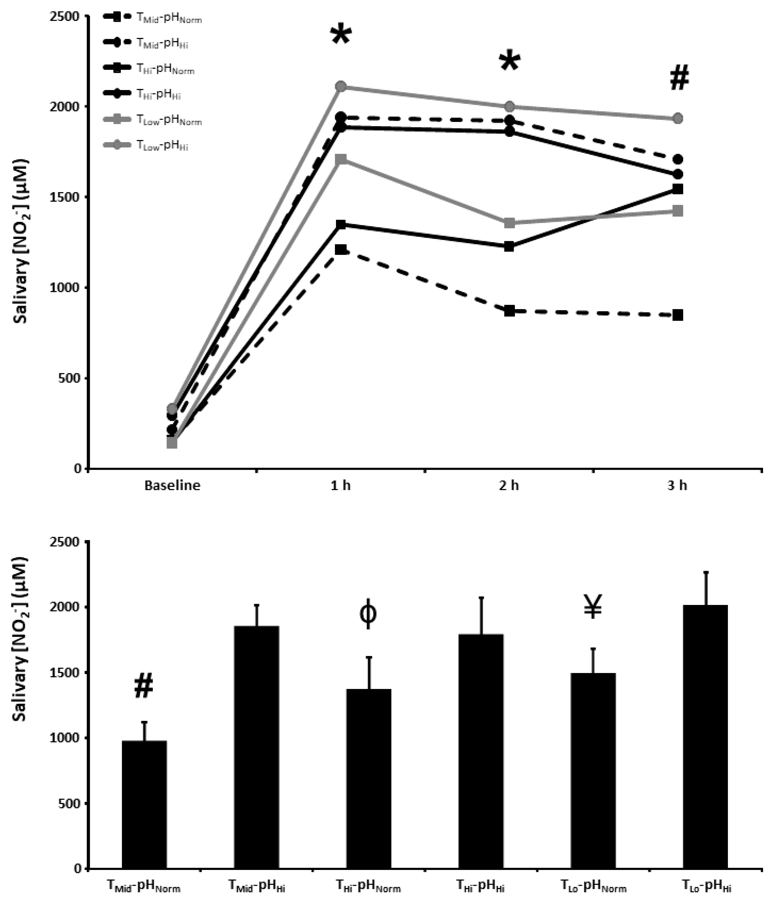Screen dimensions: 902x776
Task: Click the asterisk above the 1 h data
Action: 340,36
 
